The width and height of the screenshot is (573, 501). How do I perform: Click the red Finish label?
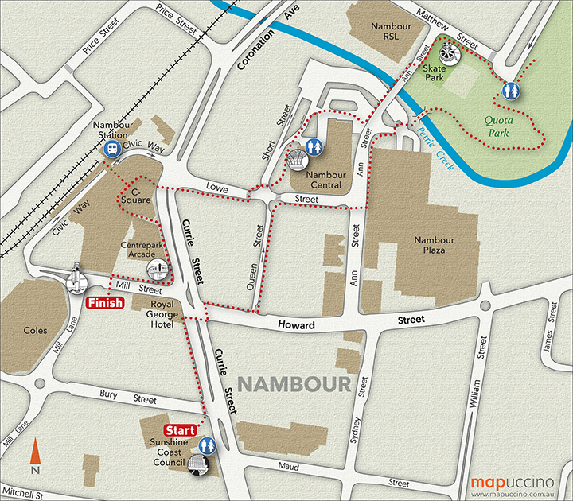coord(104,303)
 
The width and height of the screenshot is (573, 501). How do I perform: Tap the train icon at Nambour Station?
coord(115,149)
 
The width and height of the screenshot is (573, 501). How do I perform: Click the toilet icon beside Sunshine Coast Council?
coord(209,445)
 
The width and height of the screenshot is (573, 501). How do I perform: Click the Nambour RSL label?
coord(391,31)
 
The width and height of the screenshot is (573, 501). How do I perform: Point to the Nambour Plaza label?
coord(435,245)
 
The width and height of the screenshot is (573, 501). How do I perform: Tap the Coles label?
coord(35,330)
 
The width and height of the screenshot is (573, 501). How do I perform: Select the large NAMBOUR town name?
coord(294,385)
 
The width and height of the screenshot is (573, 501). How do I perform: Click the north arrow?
coord(34,457)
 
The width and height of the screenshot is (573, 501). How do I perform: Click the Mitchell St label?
coord(26,494)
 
